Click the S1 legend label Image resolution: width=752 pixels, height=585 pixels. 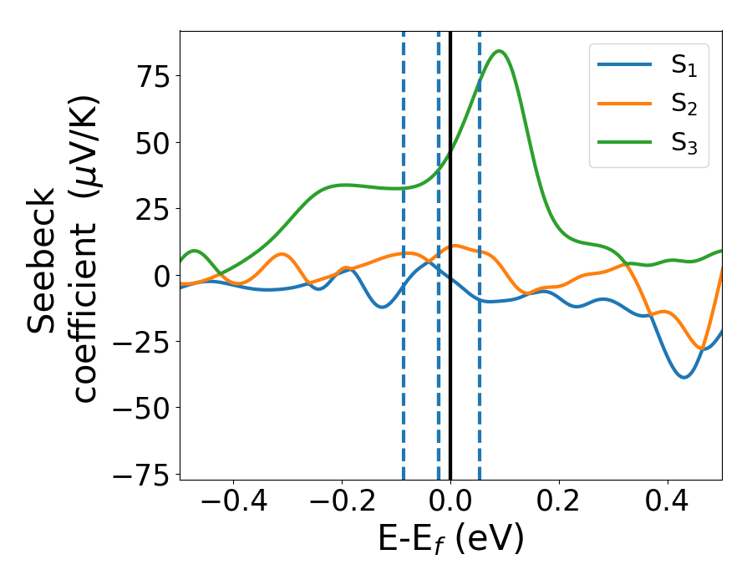(683, 67)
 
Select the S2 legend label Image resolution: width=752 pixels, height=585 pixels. (683, 105)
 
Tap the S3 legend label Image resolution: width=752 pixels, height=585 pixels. (683, 144)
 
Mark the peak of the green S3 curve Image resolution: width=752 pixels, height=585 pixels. (499, 51)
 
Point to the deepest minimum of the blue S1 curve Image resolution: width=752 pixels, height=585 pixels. (684, 377)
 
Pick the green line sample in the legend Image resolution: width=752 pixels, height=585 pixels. (625, 144)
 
